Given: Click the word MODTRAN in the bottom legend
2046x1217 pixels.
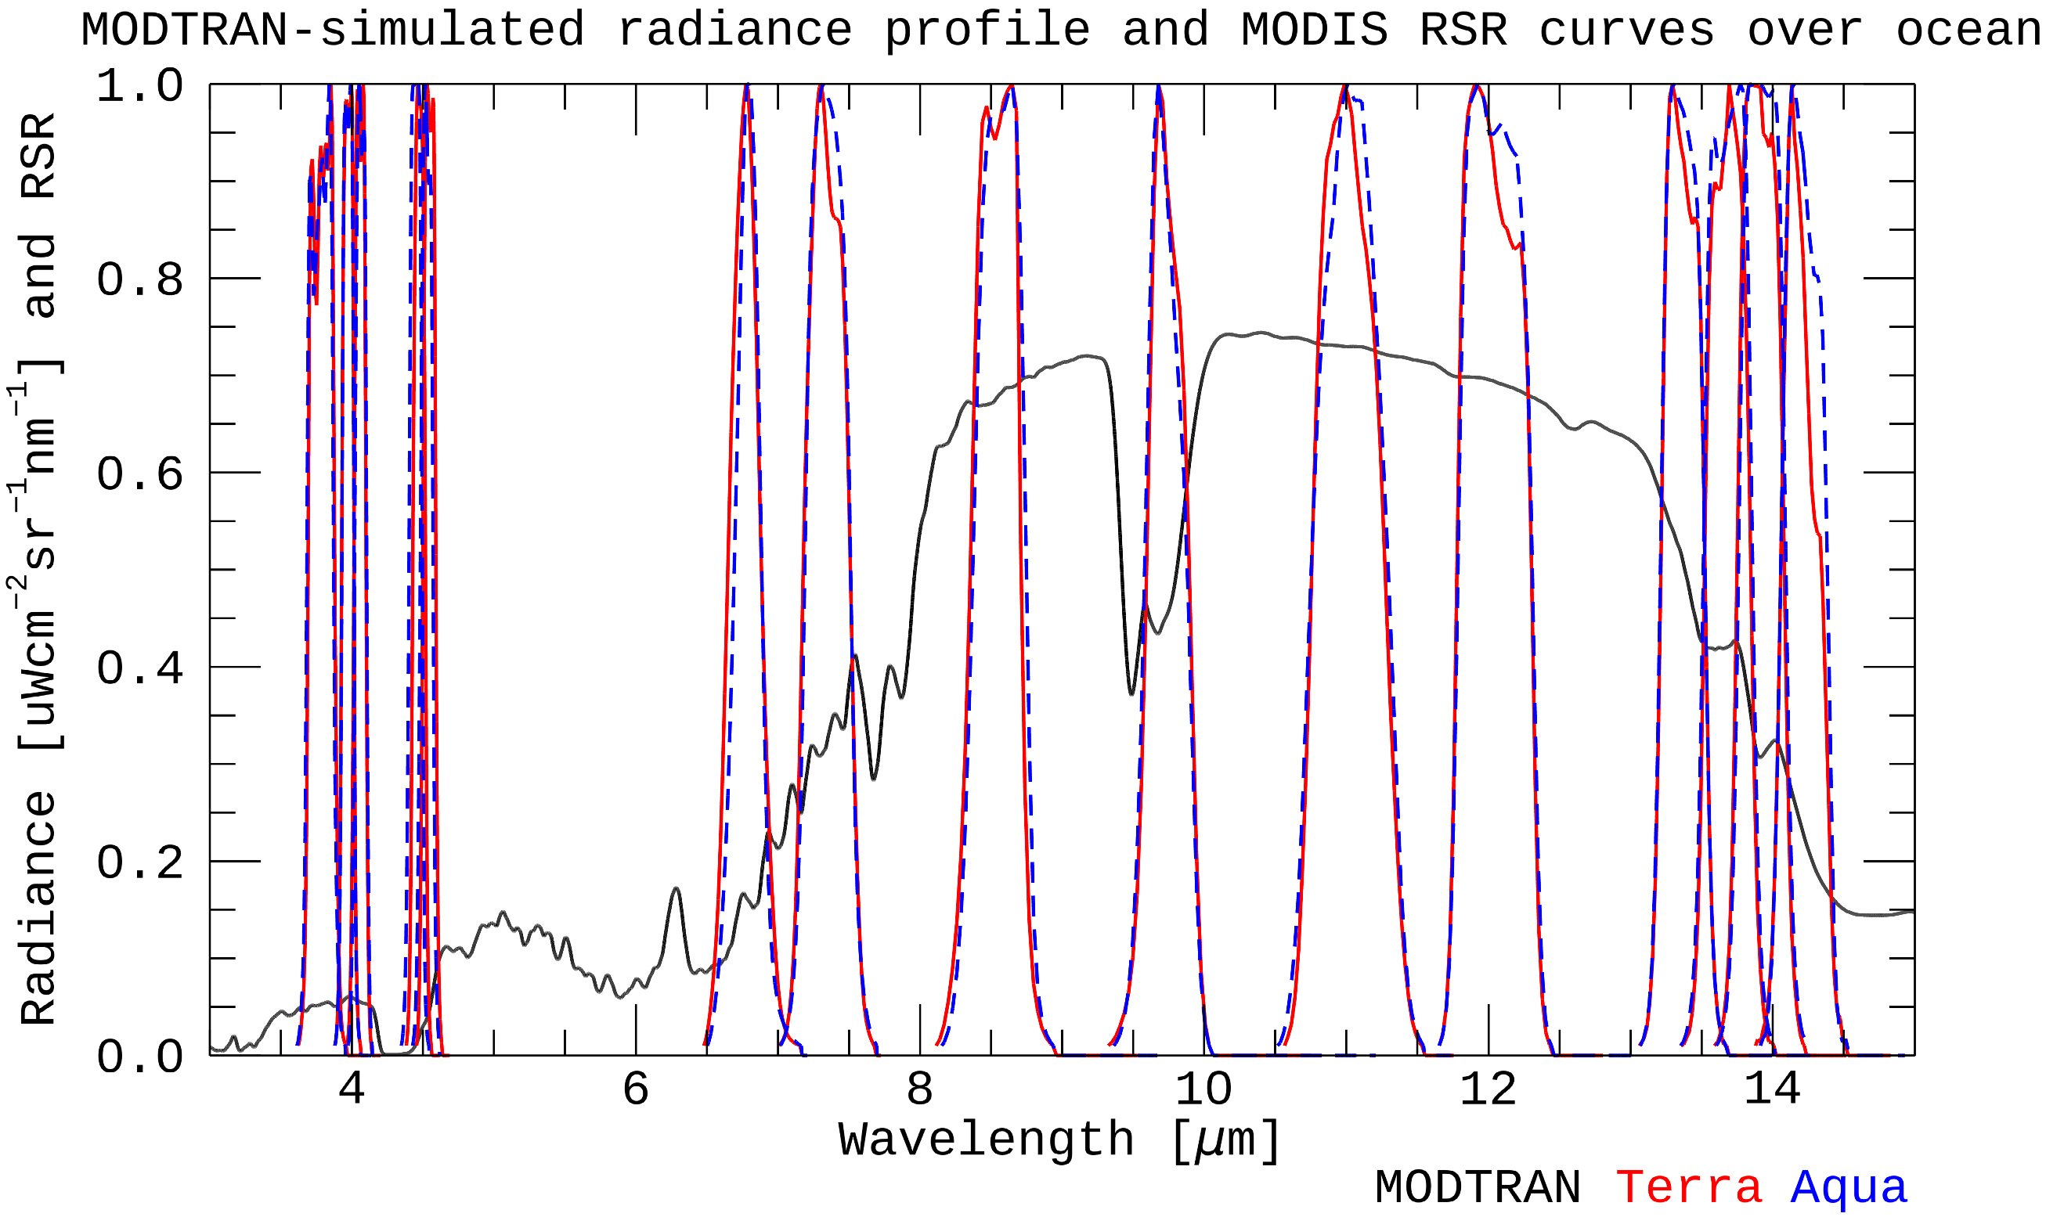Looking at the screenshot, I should pyautogui.click(x=1478, y=1186).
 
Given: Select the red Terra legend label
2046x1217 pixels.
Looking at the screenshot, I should pyautogui.click(x=1688, y=1186).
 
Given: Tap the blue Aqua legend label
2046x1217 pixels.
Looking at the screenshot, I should pyautogui.click(x=1849, y=1186).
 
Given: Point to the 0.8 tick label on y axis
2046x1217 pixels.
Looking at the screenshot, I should pyautogui.click(x=139, y=280).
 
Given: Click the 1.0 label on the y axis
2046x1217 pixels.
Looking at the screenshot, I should pyautogui.click(x=139, y=85).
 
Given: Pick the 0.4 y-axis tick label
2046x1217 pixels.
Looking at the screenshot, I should pyautogui.click(x=139, y=668).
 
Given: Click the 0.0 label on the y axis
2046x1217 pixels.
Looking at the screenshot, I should pyautogui.click(x=139, y=1057).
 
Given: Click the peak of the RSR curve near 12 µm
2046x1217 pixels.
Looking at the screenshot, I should pyautogui.click(x=1476, y=86).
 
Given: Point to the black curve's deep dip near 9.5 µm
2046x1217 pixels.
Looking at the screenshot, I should pyautogui.click(x=1131, y=693).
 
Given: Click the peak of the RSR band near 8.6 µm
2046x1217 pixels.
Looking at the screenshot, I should pyautogui.click(x=1012, y=86).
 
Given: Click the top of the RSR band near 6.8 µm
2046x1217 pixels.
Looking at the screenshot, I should pyautogui.click(x=746, y=86).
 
